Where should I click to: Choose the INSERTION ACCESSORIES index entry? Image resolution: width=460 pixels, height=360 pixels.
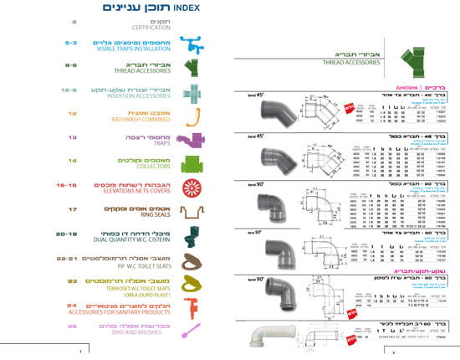point(138,97)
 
